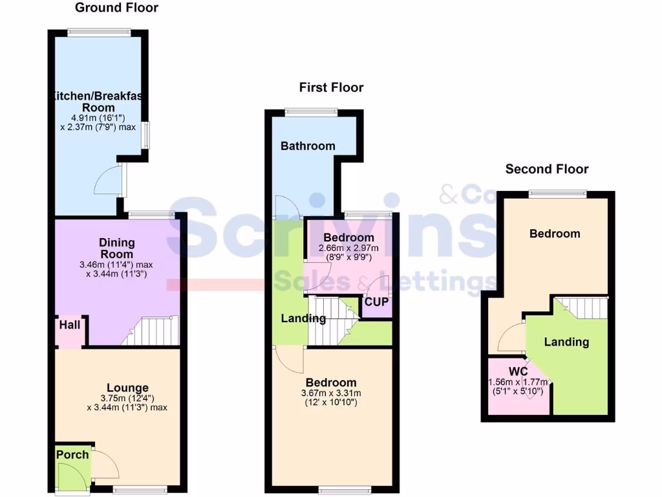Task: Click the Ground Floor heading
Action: click(x=116, y=8)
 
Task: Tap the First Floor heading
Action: click(x=331, y=87)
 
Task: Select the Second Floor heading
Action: click(x=547, y=169)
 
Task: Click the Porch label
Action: click(x=72, y=455)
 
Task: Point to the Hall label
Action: click(x=70, y=324)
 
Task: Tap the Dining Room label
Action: click(x=117, y=248)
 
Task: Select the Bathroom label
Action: click(x=308, y=146)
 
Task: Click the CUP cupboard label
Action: click(x=376, y=302)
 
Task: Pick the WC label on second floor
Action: click(x=518, y=371)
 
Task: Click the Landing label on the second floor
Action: click(x=566, y=342)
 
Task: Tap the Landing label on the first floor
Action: click(x=303, y=318)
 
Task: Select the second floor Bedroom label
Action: click(x=555, y=234)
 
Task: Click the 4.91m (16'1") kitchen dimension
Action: click(x=98, y=118)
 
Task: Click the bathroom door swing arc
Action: click(x=284, y=207)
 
